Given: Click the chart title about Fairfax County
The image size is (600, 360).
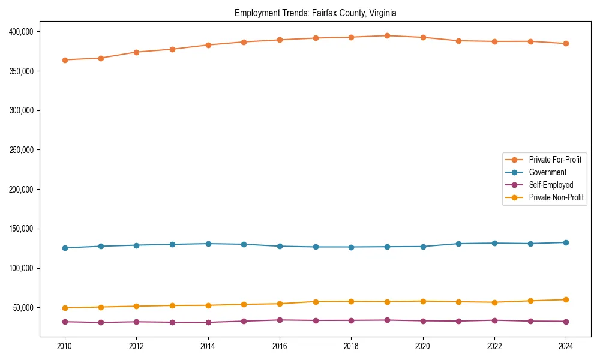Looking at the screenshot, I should click(x=315, y=13).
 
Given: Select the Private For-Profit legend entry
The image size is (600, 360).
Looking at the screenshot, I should click(x=555, y=160).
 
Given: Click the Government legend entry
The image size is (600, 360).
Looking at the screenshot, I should click(x=547, y=172).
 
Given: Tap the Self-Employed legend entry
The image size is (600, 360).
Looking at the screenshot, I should click(x=551, y=185).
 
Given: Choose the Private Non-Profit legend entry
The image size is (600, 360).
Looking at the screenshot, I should click(x=556, y=197).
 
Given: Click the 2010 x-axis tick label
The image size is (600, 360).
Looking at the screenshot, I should click(x=65, y=346).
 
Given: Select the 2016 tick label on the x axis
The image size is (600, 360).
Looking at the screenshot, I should click(x=280, y=346).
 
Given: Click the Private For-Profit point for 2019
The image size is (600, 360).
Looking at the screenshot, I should click(x=387, y=36).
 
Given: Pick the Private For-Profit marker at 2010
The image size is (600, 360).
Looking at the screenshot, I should click(x=65, y=60).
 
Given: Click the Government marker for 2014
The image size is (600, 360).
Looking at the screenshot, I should click(x=208, y=244).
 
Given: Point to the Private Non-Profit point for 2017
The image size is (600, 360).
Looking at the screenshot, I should click(x=316, y=302).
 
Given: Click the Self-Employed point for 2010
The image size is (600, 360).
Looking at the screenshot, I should click(x=65, y=322).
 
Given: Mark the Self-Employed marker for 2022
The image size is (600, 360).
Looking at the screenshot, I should click(x=494, y=320).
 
